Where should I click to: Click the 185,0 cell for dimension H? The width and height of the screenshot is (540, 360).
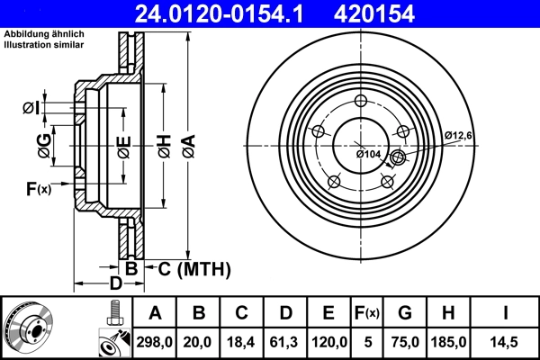click(x=450, y=341)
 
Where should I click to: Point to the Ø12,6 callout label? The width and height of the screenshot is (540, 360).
click(x=459, y=135)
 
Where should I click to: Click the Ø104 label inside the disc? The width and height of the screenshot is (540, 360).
click(x=369, y=154)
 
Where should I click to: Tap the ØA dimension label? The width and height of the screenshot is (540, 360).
click(x=187, y=144)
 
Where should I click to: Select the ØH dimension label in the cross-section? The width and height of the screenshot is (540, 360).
click(x=164, y=144)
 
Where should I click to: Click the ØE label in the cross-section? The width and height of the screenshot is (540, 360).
click(x=123, y=144)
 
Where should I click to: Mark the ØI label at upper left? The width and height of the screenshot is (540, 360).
click(x=29, y=109)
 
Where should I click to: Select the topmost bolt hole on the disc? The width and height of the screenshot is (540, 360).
click(x=360, y=101)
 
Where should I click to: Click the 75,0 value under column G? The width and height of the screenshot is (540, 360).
click(x=406, y=341)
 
